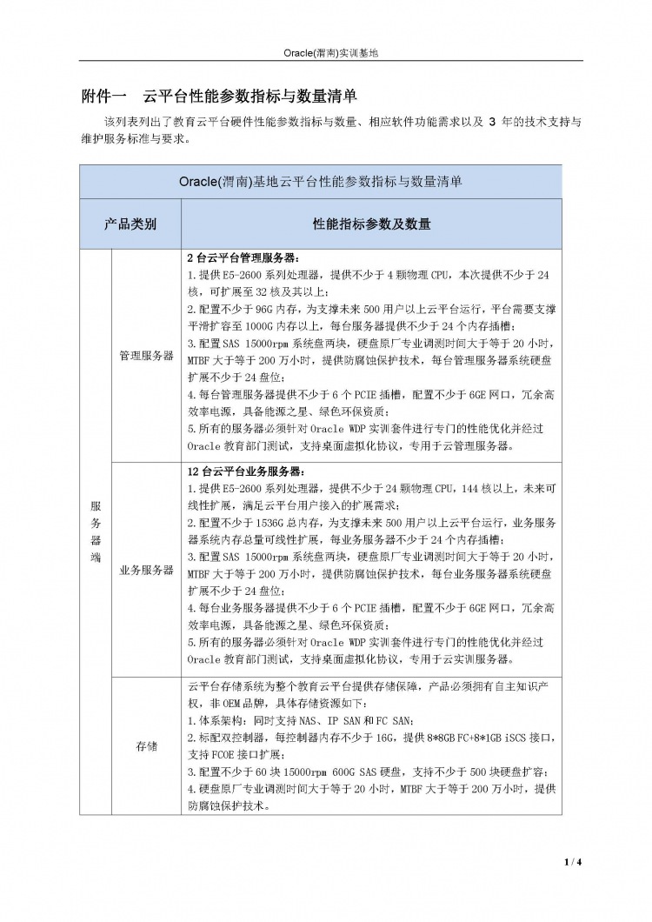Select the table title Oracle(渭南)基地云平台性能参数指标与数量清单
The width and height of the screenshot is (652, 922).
[x=320, y=182]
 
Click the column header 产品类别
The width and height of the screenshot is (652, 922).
[x=130, y=224]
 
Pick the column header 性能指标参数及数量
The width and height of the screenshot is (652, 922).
[x=371, y=224]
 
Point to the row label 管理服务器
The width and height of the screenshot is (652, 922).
[x=146, y=357]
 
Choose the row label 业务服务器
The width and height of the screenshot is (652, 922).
[x=146, y=571]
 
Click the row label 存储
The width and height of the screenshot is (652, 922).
[x=146, y=746]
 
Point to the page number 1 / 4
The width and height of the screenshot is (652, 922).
[x=572, y=862]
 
